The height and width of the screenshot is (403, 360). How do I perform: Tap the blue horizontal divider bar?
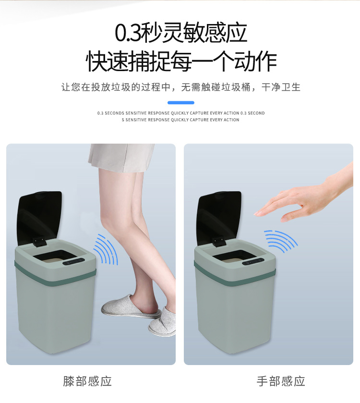pyautogui.click(x=181, y=102)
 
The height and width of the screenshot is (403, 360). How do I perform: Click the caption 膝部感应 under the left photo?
pyautogui.click(x=87, y=381)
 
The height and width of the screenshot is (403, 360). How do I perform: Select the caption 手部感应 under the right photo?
pyautogui.click(x=281, y=381)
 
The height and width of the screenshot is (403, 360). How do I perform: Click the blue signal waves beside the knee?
pyautogui.click(x=106, y=249)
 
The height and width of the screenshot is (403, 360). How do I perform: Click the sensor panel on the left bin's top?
pyautogui.click(x=74, y=262)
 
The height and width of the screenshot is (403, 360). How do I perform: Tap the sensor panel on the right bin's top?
pyautogui.click(x=254, y=262)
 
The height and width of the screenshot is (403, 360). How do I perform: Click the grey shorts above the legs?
pyautogui.click(x=121, y=157)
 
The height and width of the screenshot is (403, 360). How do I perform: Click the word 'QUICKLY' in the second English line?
pyautogui.click(x=180, y=120)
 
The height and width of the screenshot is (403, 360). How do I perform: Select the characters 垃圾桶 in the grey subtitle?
pyautogui.click(x=236, y=87)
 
